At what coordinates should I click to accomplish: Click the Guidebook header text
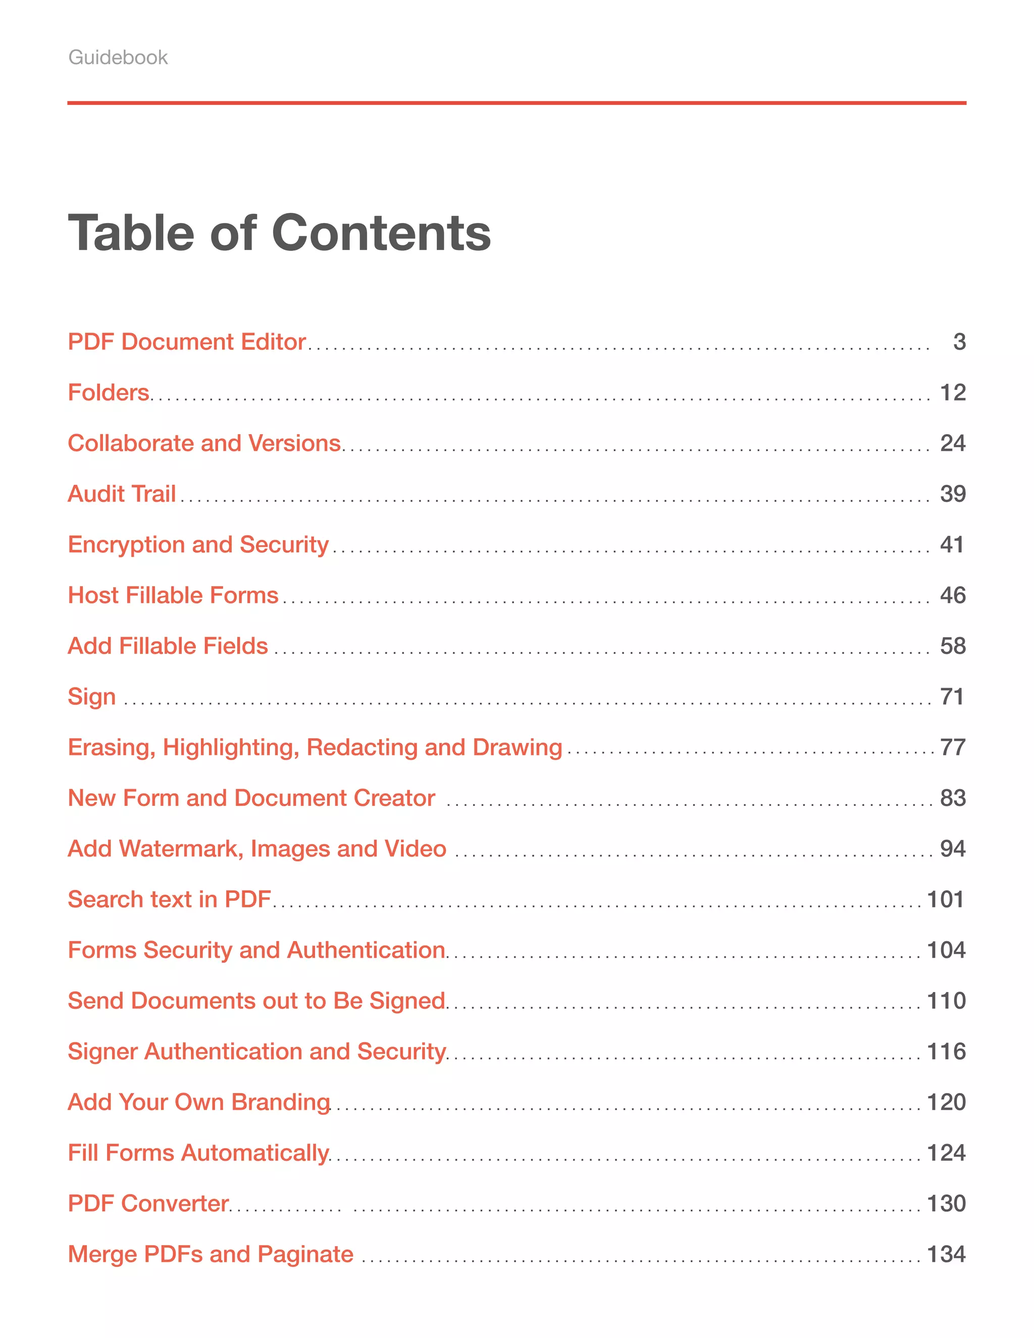(118, 58)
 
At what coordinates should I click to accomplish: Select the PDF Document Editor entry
(186, 342)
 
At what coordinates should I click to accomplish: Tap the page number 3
(959, 342)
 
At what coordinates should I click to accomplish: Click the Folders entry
(109, 393)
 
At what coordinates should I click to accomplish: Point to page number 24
(953, 443)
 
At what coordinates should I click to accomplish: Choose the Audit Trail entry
(121, 494)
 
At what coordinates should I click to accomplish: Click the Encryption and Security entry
(198, 545)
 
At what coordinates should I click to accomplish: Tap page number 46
(953, 595)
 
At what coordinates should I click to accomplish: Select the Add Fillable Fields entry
(167, 646)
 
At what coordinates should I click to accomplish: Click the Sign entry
(91, 697)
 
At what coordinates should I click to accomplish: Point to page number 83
(953, 798)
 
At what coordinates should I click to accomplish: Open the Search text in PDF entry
(169, 899)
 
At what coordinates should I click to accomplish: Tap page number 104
(946, 950)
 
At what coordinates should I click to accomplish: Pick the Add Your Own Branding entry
(198, 1102)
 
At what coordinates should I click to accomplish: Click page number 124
(946, 1153)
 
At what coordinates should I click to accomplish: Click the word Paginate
(305, 1255)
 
